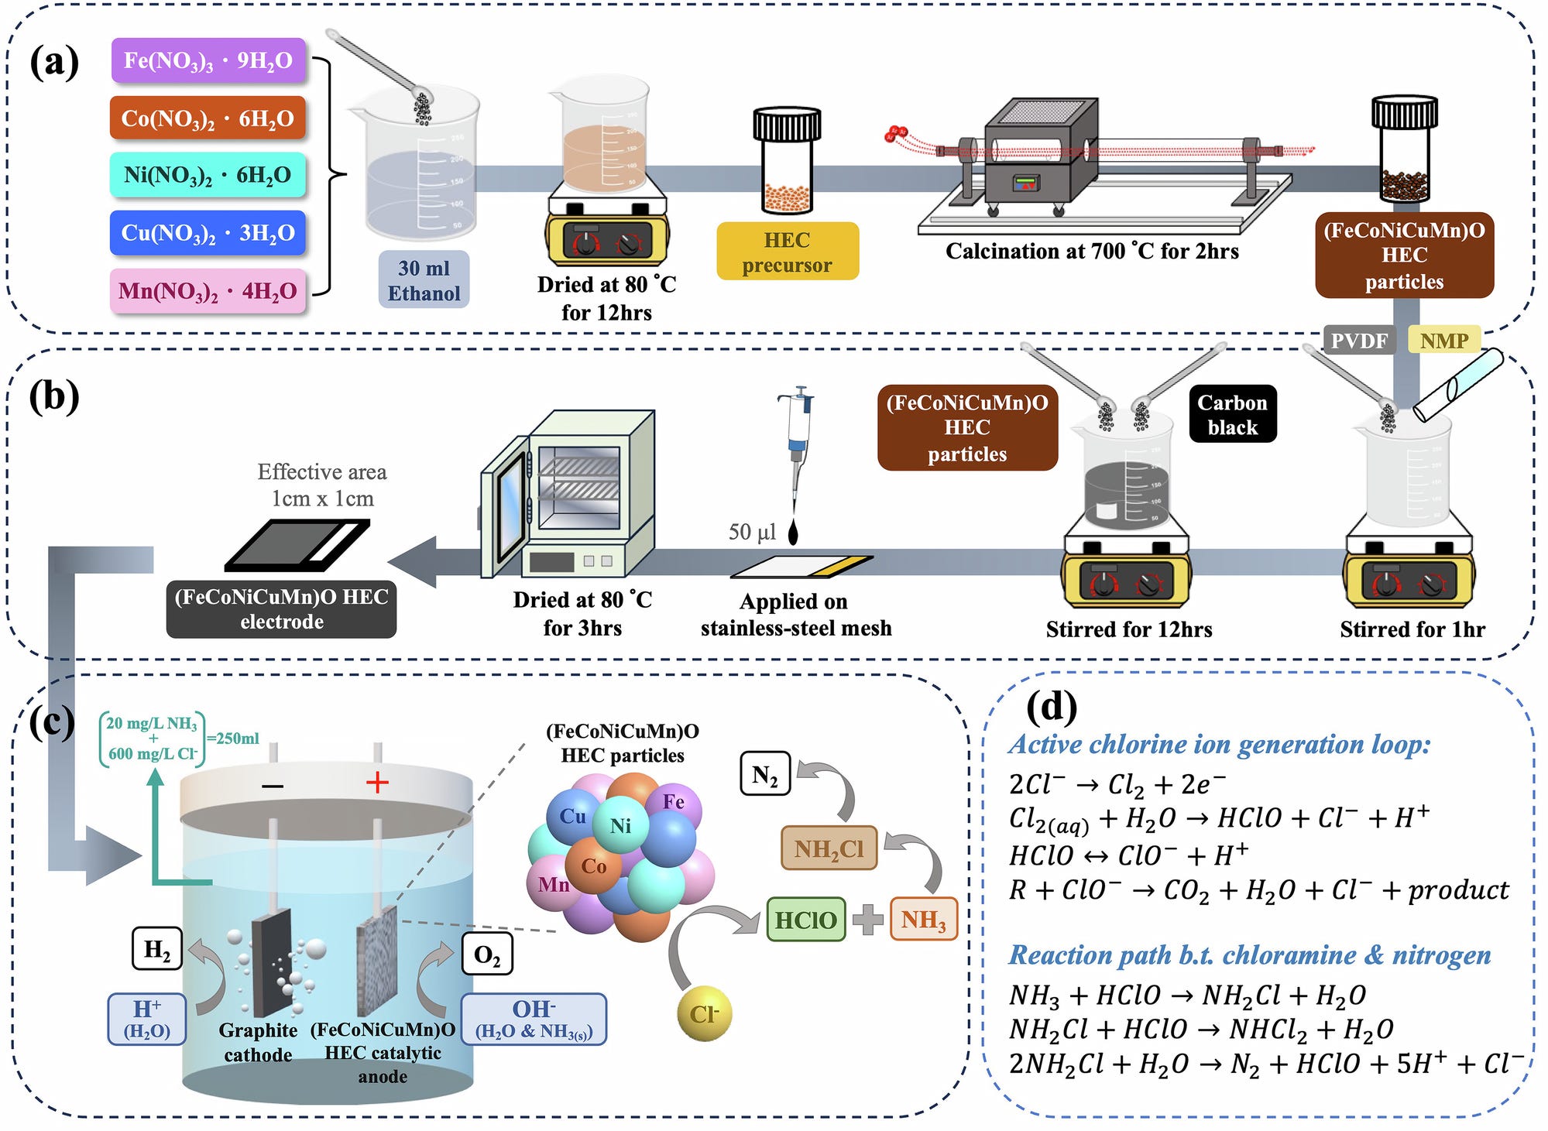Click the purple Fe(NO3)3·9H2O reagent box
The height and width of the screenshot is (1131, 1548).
(208, 60)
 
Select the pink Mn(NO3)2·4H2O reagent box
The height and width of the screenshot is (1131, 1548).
(208, 291)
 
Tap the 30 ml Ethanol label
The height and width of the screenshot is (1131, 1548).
(424, 279)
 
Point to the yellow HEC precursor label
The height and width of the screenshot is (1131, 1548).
(787, 252)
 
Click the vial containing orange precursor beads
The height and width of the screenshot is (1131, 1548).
(787, 163)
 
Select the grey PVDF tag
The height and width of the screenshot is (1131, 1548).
(1359, 341)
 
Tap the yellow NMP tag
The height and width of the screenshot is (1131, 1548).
(1443, 341)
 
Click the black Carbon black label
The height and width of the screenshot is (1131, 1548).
(1232, 414)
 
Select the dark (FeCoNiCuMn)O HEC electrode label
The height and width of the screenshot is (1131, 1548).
(281, 609)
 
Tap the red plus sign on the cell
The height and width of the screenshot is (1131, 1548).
(377, 783)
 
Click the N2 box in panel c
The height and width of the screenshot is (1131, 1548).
(765, 774)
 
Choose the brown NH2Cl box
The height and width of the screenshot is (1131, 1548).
(828, 848)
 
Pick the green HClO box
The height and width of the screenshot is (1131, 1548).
(805, 920)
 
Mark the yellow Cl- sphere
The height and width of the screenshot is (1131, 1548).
(704, 1013)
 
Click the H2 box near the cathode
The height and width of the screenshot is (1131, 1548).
(157, 949)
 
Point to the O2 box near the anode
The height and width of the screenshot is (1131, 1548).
(487, 954)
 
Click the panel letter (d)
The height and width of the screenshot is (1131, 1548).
(1051, 706)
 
